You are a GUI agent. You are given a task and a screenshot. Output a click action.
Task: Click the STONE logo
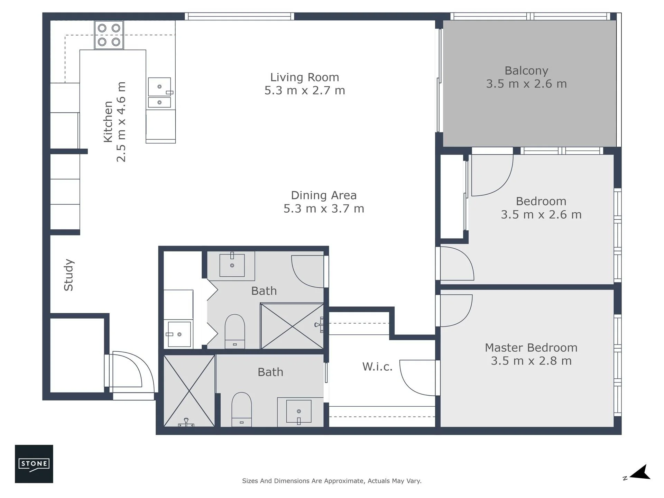[34, 464]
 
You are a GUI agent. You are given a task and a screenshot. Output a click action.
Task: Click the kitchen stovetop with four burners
[109, 35]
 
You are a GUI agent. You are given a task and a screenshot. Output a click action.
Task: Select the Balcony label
[526, 71]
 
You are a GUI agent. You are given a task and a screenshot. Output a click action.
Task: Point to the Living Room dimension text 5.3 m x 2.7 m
[305, 90]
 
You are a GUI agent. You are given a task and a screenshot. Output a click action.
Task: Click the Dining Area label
[324, 195]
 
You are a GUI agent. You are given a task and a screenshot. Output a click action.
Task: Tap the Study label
[68, 275]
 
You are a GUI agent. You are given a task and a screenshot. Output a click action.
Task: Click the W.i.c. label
[377, 367]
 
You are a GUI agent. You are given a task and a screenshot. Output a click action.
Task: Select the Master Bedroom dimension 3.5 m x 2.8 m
[531, 361]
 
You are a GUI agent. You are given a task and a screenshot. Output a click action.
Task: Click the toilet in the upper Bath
[235, 331]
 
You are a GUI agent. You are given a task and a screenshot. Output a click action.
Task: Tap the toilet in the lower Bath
[241, 409]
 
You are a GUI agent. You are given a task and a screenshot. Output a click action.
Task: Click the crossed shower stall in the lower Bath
[189, 391]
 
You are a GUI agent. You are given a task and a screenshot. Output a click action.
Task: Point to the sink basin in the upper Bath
[232, 265]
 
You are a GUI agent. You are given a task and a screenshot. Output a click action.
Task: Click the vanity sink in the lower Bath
[299, 412]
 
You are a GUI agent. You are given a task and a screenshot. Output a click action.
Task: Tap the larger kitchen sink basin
[159, 86]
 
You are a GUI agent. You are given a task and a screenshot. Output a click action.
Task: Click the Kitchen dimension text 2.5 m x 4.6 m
[121, 122]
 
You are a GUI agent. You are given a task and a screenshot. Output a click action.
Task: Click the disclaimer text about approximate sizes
[332, 481]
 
